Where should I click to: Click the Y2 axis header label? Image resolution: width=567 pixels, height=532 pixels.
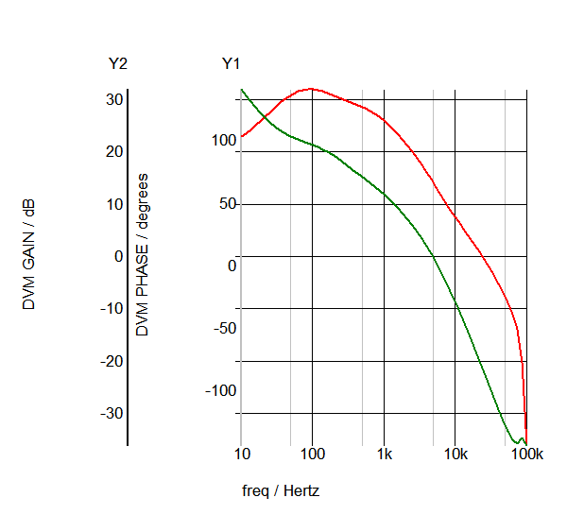(x=118, y=64)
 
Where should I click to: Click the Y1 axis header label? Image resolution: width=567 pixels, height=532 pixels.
(x=232, y=64)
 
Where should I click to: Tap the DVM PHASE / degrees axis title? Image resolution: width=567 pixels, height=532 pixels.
(x=143, y=255)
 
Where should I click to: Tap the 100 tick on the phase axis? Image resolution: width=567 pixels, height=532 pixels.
(x=223, y=141)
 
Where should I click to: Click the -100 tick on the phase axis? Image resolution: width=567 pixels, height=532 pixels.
(x=221, y=390)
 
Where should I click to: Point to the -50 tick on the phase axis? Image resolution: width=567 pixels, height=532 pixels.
(x=223, y=328)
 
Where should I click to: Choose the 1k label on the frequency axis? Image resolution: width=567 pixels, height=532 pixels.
(x=384, y=454)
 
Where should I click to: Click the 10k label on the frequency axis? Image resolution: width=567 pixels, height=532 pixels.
(x=455, y=454)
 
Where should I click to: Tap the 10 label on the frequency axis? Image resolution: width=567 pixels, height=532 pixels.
(x=241, y=454)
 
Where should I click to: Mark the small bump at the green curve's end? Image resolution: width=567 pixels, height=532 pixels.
(x=521, y=438)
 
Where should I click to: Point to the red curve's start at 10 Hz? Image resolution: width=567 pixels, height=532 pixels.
(x=242, y=137)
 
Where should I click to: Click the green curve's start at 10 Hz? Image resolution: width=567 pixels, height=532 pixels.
(x=242, y=90)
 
